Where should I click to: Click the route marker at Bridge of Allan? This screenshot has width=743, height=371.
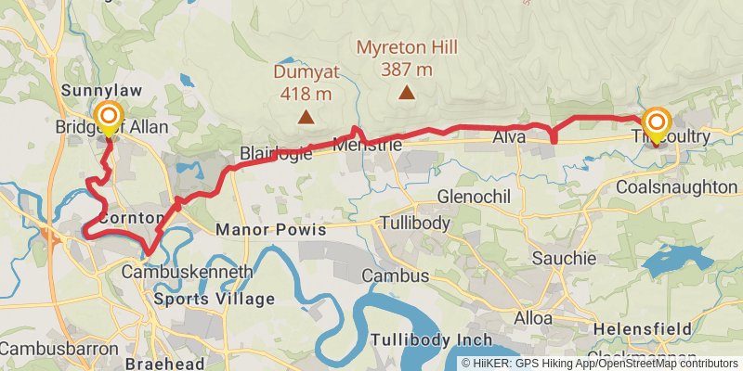109,118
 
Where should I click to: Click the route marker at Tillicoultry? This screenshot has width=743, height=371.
657,123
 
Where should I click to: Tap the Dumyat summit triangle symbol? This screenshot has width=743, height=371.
305,117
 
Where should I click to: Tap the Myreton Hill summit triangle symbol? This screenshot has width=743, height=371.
407,92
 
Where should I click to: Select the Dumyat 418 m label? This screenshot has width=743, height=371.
305,81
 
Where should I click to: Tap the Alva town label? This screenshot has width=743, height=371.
509,137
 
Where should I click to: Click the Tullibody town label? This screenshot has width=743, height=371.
415,224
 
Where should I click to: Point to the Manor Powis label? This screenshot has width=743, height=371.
271,228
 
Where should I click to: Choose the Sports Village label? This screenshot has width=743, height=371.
215,299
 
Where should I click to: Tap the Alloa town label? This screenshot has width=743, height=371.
533,318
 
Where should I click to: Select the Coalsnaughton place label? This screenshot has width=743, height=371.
676,187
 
